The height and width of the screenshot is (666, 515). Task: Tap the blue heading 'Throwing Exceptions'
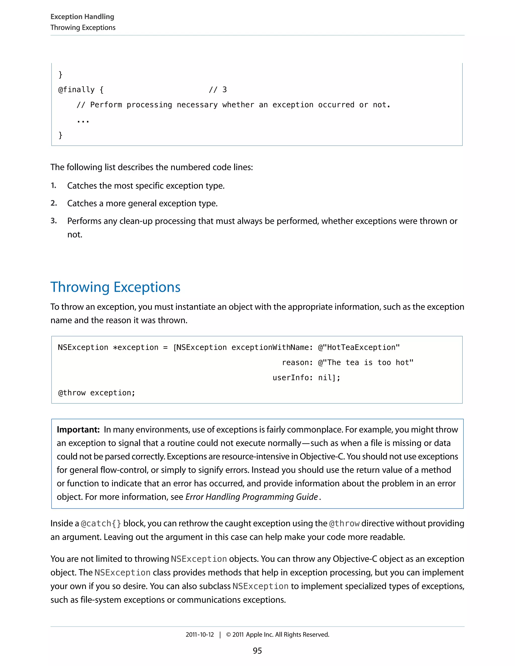pyautogui.click(x=115, y=287)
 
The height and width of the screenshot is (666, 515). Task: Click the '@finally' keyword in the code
pyautogui.click(x=76, y=90)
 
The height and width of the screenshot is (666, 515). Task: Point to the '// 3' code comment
pyautogui.click(x=218, y=90)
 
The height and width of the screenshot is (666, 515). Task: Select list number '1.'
pyautogui.click(x=54, y=185)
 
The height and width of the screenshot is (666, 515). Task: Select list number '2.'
pyautogui.click(x=54, y=203)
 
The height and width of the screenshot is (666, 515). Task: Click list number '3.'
pyautogui.click(x=54, y=221)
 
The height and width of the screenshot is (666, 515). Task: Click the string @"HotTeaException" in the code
pyautogui.click(x=359, y=347)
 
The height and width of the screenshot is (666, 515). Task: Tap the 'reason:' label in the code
pyautogui.click(x=297, y=363)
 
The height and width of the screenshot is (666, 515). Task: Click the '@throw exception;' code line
pyautogui.click(x=96, y=393)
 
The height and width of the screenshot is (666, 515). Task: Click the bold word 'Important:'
pyautogui.click(x=78, y=430)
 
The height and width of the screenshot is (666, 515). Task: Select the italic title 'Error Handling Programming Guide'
pyautogui.click(x=251, y=497)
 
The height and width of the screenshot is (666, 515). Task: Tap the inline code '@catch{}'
pyautogui.click(x=101, y=524)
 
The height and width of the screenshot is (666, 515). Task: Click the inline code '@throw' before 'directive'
pyautogui.click(x=344, y=524)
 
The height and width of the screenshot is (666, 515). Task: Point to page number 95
pyautogui.click(x=257, y=651)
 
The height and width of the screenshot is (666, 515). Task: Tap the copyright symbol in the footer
pyautogui.click(x=228, y=635)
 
